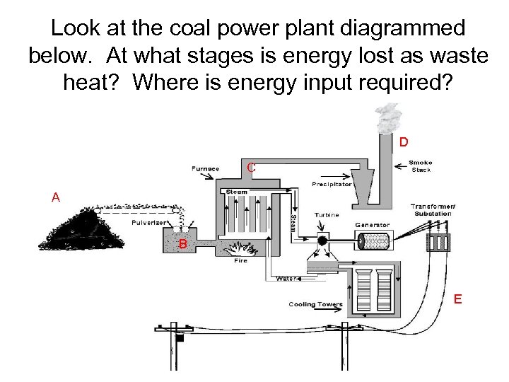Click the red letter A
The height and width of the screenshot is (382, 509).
(56, 197)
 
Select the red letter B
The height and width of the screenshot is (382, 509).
(182, 244)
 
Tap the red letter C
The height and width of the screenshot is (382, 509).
(250, 168)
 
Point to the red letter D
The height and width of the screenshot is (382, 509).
(403, 142)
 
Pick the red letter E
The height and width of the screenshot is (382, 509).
(458, 299)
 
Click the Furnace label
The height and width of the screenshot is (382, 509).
(206, 168)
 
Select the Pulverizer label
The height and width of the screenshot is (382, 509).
(148, 222)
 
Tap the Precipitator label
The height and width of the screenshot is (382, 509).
(332, 185)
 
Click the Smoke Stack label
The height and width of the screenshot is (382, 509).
(421, 166)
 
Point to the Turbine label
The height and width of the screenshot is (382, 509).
(327, 215)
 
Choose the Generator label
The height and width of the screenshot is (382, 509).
(373, 224)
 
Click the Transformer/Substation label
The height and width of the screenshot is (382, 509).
(433, 210)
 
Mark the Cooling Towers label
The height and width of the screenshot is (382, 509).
(315, 305)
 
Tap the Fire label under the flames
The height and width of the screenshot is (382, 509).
(241, 260)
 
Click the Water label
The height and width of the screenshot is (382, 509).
(285, 279)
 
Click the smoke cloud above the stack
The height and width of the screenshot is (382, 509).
(388, 120)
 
